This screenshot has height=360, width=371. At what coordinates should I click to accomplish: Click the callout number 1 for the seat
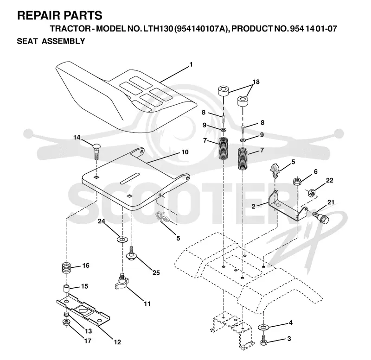(x=191, y=64)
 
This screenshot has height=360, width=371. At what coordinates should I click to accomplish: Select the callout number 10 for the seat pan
(x=185, y=152)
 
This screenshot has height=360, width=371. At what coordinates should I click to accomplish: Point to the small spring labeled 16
(x=67, y=268)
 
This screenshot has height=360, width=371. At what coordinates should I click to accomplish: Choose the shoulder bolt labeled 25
(x=131, y=253)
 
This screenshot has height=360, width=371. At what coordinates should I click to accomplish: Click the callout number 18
(x=256, y=82)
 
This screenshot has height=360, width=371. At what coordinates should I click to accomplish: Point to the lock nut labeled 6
(x=297, y=182)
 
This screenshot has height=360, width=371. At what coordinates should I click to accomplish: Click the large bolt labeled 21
(x=321, y=217)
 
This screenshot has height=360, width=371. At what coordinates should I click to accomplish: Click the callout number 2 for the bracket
(x=253, y=206)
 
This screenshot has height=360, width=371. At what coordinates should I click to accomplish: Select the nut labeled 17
(x=66, y=322)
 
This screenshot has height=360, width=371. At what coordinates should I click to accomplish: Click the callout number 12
(x=117, y=342)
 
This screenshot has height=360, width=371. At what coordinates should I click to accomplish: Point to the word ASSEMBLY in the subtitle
(x=63, y=41)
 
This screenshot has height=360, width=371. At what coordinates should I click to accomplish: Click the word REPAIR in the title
(x=38, y=15)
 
